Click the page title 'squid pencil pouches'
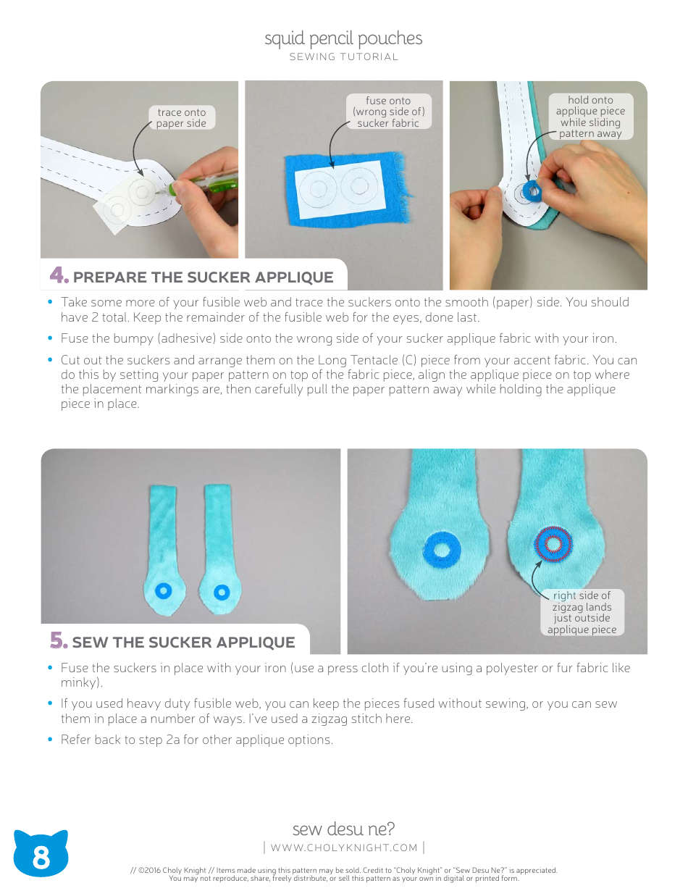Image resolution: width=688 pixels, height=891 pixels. tap(343, 38)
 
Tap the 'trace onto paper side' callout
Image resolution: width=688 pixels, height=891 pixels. tap(182, 117)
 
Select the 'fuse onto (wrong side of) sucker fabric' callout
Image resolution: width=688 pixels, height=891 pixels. tap(388, 112)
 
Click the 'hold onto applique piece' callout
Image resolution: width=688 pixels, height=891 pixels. tap(590, 117)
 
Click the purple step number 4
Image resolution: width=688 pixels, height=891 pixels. tap(59, 276)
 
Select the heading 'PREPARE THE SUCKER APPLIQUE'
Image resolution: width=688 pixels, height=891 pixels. tap(203, 277)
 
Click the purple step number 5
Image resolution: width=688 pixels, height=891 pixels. tap(59, 641)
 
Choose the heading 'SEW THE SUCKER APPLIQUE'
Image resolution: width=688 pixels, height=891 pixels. tap(183, 643)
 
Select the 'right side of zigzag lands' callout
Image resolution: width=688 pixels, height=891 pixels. tap(582, 612)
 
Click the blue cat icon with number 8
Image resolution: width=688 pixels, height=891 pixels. tap(41, 856)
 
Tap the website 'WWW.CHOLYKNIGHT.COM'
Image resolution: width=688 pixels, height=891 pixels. tap(344, 848)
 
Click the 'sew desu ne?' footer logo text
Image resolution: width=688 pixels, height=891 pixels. tap(344, 829)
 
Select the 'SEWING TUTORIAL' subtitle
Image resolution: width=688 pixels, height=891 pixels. tap(344, 57)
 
